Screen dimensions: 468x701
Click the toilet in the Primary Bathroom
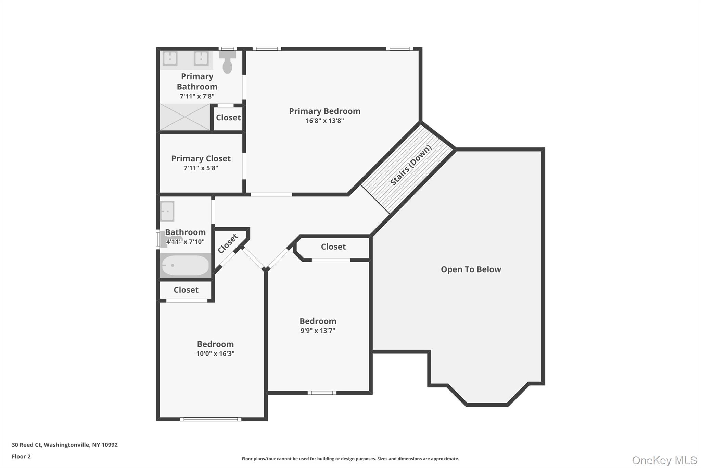[x=227, y=63]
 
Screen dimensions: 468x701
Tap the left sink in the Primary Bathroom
[x=170, y=58]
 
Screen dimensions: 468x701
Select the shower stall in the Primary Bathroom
[x=185, y=117]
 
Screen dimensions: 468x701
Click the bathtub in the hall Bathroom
[x=185, y=265]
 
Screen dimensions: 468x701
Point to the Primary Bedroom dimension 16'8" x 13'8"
[x=324, y=121]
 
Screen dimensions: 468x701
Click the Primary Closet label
[x=201, y=158]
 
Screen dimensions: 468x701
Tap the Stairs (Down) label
[x=411, y=165]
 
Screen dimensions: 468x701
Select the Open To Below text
[x=471, y=269]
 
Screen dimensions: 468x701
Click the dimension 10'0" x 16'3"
[x=215, y=353]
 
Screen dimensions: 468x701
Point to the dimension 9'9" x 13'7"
[x=318, y=331]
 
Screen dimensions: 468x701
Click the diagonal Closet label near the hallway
[x=228, y=243]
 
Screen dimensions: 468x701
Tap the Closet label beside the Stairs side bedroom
[x=333, y=247]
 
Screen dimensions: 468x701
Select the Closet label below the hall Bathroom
[x=186, y=290]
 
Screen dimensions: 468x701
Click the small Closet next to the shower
[x=228, y=118]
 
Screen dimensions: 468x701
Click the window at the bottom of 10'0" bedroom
[x=211, y=419]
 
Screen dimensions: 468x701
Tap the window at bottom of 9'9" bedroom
[x=322, y=393]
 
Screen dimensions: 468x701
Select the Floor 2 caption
[x=21, y=456]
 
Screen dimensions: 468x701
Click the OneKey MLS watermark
[x=664, y=460]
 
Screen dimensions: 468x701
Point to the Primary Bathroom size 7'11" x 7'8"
[x=197, y=96]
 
